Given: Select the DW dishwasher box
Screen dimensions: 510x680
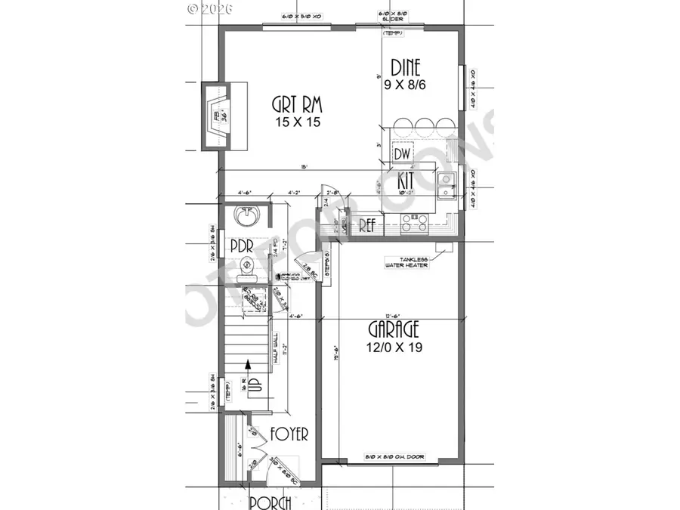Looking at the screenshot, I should (402, 153).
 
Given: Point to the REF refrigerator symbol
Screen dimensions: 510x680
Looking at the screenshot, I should (367, 224).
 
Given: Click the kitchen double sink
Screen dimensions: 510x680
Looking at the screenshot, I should (447, 185).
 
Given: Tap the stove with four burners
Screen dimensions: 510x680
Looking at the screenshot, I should (415, 221).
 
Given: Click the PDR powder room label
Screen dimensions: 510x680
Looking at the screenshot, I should (241, 247).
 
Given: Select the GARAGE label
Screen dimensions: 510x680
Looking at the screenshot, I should (394, 330).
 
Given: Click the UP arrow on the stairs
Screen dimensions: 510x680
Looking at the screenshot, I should (245, 382).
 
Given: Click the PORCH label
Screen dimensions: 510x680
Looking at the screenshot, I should (270, 502).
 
